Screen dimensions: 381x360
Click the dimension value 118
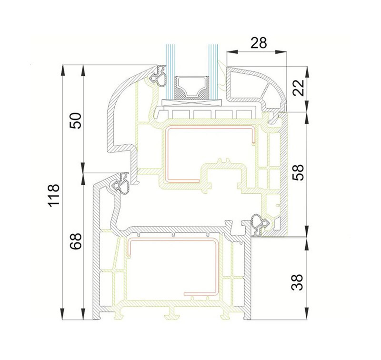click(54, 195)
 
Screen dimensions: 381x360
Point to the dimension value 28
click(259, 43)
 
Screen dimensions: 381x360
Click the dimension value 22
click(299, 88)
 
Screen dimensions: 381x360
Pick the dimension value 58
click(299, 172)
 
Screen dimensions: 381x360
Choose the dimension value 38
click(297, 282)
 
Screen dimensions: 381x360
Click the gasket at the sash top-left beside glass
click(158, 76)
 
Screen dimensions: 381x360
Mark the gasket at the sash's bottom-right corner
click(260, 224)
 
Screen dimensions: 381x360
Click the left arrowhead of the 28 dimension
click(231, 51)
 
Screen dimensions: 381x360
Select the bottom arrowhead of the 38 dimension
click(307, 314)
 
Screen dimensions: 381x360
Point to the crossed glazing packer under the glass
click(192, 103)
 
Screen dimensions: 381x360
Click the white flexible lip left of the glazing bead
click(222, 75)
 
